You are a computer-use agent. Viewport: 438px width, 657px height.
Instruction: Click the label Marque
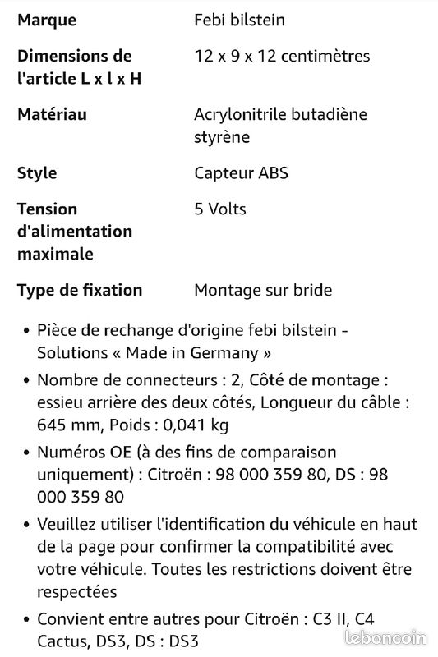pyautogui.click(x=47, y=20)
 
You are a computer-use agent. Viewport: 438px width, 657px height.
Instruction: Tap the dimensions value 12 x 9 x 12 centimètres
pyautogui.click(x=282, y=56)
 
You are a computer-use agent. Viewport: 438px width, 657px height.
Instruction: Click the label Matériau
pyautogui.click(x=52, y=114)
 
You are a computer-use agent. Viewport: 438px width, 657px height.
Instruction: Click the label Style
pyautogui.click(x=37, y=172)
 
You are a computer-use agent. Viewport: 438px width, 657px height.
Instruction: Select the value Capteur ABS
pyautogui.click(x=241, y=172)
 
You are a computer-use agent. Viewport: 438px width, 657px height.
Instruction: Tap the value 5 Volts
pyautogui.click(x=220, y=209)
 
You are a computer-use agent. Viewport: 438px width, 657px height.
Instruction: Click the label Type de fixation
pyautogui.click(x=80, y=290)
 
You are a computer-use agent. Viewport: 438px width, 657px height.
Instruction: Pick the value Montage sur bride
pyautogui.click(x=263, y=290)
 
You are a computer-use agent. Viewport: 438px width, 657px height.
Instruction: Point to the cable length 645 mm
pyautogui.click(x=67, y=425)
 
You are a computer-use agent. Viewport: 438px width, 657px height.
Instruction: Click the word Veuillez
pyautogui.click(x=68, y=524)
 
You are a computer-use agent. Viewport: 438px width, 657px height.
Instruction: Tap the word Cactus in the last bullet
pyautogui.click(x=62, y=641)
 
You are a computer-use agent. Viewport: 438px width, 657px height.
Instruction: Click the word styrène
pyautogui.click(x=222, y=136)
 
